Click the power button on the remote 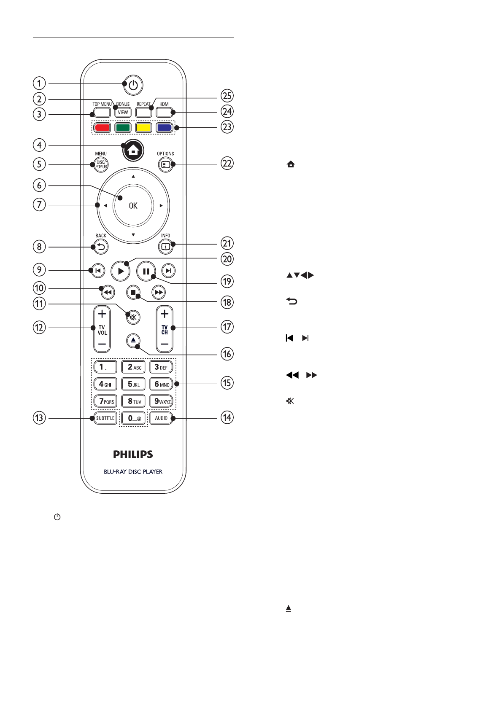coord(133,86)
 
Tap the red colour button coord(102,127)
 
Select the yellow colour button coord(143,127)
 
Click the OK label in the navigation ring coord(133,206)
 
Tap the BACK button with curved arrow coord(101,247)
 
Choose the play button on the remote coord(121,271)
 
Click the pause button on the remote coord(146,271)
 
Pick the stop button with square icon coord(133,292)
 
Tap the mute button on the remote coord(133,317)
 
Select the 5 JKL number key coord(133,384)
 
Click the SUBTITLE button coord(105,418)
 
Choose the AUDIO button coord(161,418)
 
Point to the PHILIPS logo coord(133,454)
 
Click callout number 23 coord(227,127)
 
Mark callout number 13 coord(39,418)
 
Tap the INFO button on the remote coord(165,247)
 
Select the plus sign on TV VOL coord(102,314)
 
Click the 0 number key coord(133,418)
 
